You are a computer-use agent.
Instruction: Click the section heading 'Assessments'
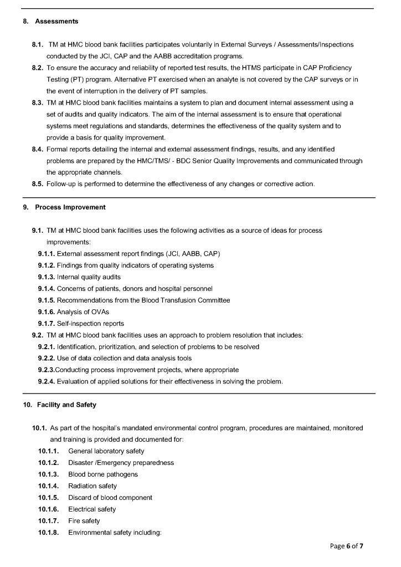[x=56, y=22]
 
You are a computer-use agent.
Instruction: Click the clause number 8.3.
[x=39, y=103]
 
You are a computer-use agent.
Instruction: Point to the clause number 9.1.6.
[x=47, y=312]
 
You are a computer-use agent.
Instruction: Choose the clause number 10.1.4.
[x=49, y=486]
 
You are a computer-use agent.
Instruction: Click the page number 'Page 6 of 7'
[x=347, y=546]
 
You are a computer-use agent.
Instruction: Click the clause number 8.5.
[x=39, y=184]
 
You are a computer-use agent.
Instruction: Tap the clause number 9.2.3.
[x=47, y=369]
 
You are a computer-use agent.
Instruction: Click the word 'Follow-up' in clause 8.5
[x=63, y=184]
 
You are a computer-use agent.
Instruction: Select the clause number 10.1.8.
[x=49, y=532]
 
